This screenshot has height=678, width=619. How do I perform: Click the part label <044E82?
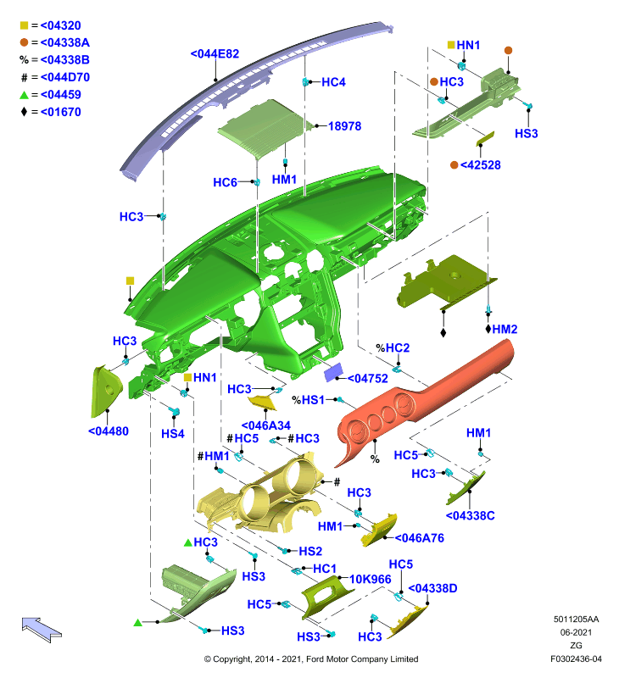215,53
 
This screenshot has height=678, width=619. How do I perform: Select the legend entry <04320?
60,25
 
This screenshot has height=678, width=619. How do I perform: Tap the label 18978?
344,126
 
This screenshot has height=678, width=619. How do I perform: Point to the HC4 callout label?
333,82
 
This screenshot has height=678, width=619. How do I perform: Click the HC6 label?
225,182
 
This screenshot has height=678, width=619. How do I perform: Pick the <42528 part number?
480,165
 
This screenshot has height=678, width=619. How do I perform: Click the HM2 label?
505,329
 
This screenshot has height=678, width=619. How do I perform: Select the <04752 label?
368,378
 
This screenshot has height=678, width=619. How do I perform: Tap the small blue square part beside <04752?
333,372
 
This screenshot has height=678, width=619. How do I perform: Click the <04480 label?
109,431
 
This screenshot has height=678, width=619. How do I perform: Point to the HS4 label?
173,434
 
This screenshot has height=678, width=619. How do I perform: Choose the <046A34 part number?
265,425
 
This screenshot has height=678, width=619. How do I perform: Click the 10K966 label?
371,579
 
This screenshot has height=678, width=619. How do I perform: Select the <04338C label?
471,515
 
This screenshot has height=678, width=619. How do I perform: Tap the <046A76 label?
419,538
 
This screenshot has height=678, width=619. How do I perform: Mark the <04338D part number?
432,588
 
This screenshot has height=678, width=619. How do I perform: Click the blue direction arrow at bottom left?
42,629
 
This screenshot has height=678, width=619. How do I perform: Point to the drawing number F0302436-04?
576,659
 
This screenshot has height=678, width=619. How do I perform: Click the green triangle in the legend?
24,95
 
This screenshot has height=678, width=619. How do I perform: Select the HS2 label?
310,552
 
